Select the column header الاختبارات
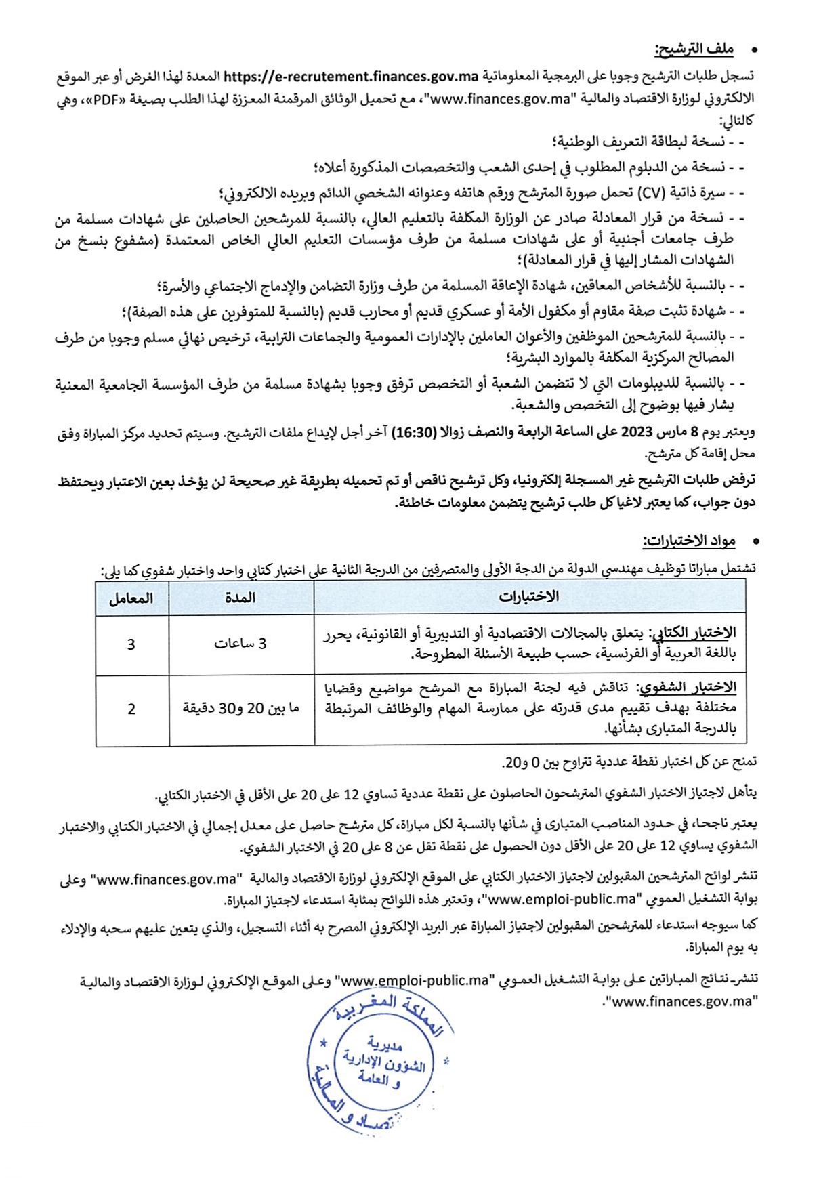click(x=529, y=597)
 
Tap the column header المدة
click(x=240, y=597)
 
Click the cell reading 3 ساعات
click(x=240, y=644)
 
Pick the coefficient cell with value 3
click(x=131, y=644)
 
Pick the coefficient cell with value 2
click(x=131, y=709)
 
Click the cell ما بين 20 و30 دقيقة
click(x=240, y=709)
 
